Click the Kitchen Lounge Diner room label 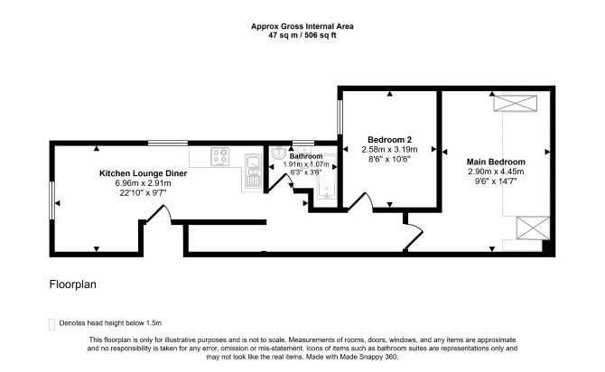144,173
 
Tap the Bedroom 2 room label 389,140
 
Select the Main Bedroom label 496,162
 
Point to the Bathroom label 306,156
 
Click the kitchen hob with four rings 220,157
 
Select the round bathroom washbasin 278,153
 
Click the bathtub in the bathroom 326,177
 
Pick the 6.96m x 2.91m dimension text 143,183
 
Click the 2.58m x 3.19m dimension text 389,149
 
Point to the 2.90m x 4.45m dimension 496,172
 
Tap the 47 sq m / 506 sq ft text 302,35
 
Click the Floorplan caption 73,284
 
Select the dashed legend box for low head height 51,324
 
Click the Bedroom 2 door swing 361,200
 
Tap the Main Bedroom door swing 414,236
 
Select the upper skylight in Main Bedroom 516,103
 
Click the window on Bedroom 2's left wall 340,116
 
